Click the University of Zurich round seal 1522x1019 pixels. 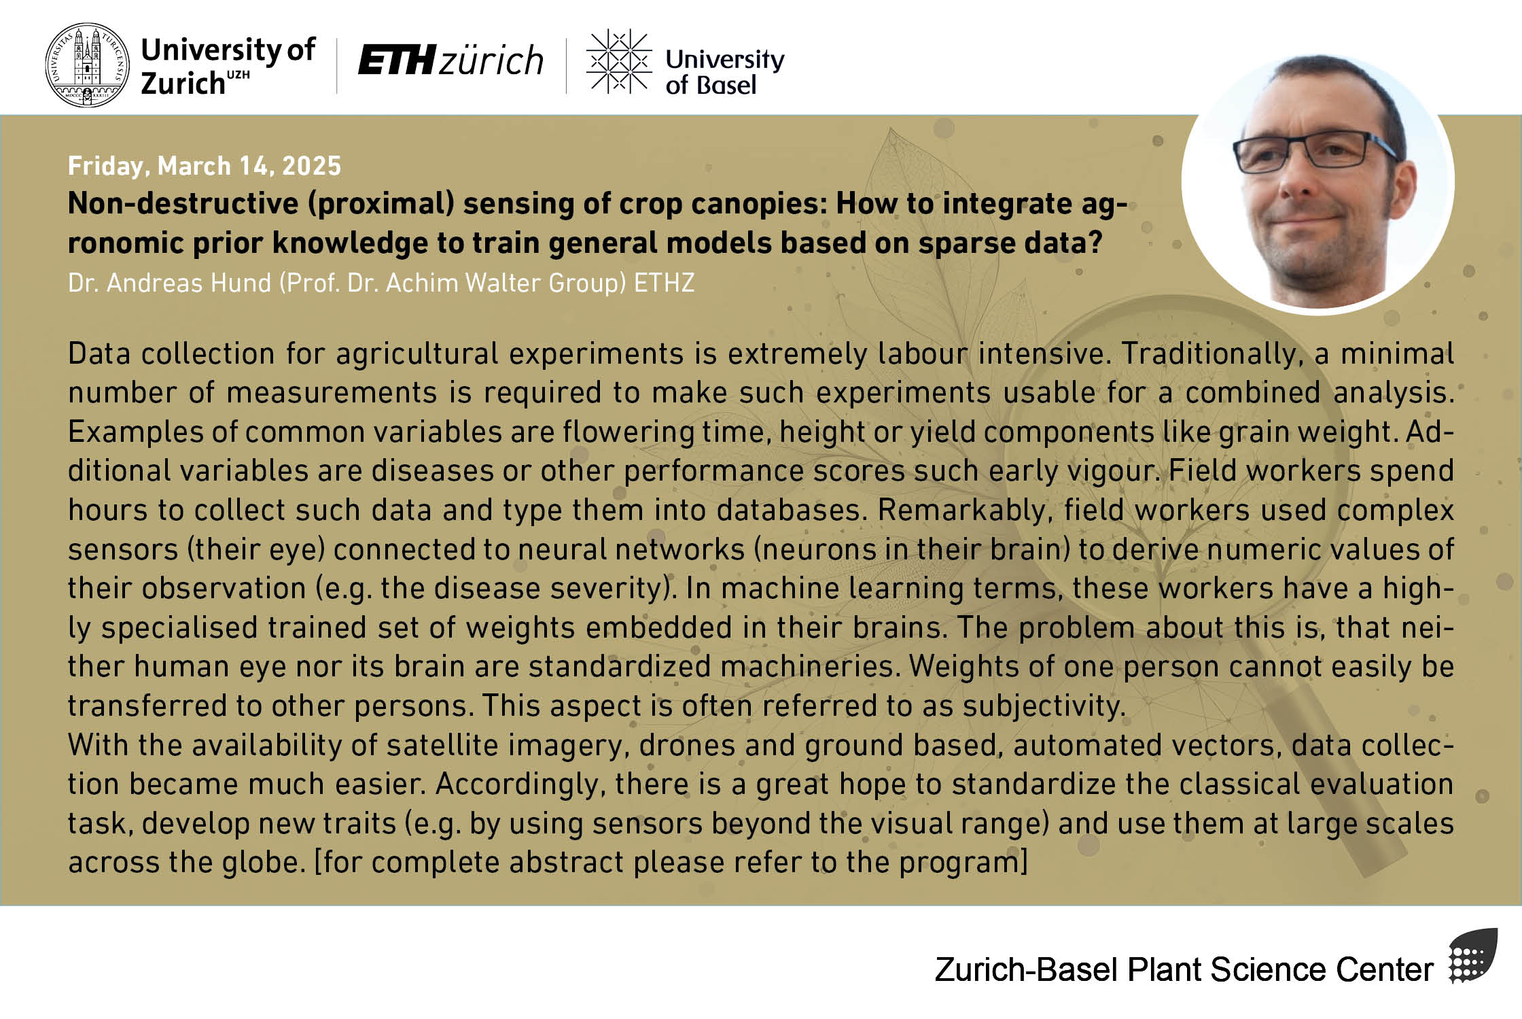click(x=86, y=65)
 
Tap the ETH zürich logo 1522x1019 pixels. click(x=450, y=60)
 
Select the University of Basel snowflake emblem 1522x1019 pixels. click(x=619, y=61)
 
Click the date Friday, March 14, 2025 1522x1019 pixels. click(x=204, y=166)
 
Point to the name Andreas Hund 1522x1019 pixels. click(x=189, y=283)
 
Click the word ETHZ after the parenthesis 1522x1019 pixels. click(x=664, y=283)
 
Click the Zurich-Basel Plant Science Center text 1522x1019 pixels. click(x=1184, y=969)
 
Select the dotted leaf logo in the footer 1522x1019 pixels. click(x=1472, y=956)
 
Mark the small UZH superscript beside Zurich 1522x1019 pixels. click(x=238, y=74)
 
